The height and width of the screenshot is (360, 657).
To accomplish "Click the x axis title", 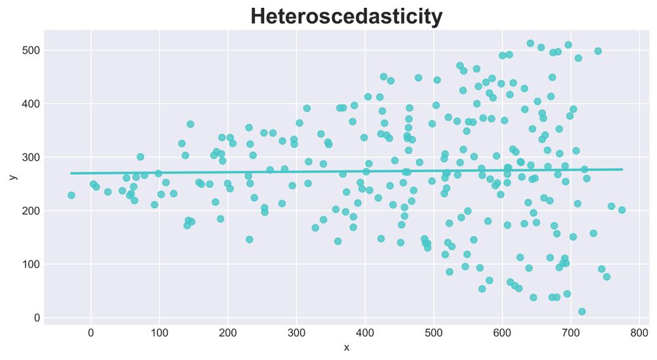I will (346, 348).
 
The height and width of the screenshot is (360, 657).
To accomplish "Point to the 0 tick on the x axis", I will (91, 333).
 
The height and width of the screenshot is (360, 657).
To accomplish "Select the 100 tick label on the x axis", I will (160, 333).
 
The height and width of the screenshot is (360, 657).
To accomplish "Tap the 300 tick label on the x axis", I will (296, 333).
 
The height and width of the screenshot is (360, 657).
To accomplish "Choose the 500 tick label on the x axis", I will (434, 333).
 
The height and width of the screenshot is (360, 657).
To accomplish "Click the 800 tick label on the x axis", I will (639, 333).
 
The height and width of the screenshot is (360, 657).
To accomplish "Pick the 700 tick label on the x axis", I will (571, 333).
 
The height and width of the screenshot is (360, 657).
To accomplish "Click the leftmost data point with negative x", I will (71, 195).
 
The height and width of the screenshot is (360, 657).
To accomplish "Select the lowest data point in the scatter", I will (581, 311).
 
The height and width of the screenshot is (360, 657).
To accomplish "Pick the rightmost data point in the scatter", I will (622, 210).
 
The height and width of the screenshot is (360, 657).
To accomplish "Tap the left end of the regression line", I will (71, 173).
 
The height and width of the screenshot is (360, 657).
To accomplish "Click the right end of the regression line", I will (622, 169).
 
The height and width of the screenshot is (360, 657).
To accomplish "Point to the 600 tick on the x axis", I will (502, 333).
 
